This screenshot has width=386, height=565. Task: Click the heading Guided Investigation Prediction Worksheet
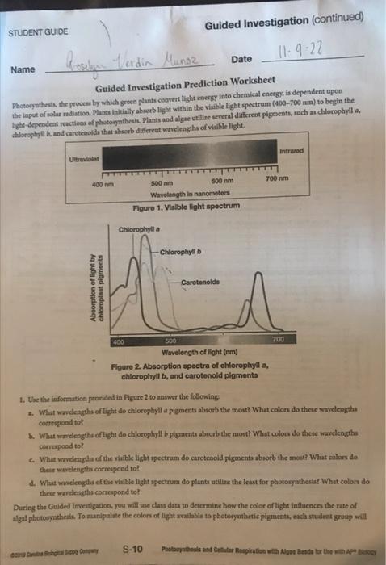[187, 90]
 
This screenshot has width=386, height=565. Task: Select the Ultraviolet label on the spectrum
[82, 158]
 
